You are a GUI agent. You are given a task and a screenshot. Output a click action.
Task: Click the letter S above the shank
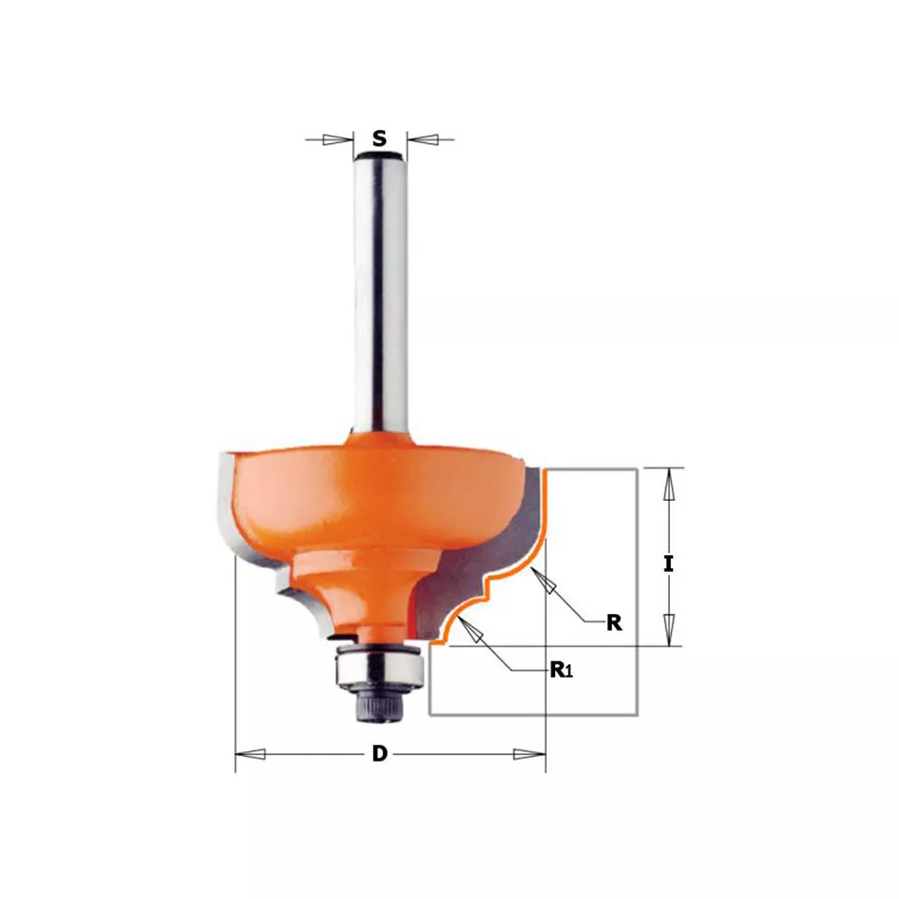coord(379,138)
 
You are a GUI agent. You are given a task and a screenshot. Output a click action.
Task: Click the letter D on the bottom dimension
coord(379,753)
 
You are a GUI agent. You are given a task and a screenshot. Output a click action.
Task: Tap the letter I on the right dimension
coord(668,564)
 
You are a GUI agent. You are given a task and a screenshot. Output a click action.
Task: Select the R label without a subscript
coord(614,622)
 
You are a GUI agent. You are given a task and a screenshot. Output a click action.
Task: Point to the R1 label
coord(562,670)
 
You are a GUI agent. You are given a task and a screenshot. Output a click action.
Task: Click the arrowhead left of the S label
coord(337,139)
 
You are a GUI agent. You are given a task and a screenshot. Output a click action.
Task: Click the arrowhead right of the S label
coord(422,139)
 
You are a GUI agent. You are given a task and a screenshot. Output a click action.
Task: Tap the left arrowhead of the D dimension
coord(250,754)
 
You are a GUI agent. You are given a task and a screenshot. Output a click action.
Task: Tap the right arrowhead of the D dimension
coord(529,754)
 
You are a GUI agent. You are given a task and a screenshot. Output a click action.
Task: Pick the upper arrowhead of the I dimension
coord(668,484)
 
